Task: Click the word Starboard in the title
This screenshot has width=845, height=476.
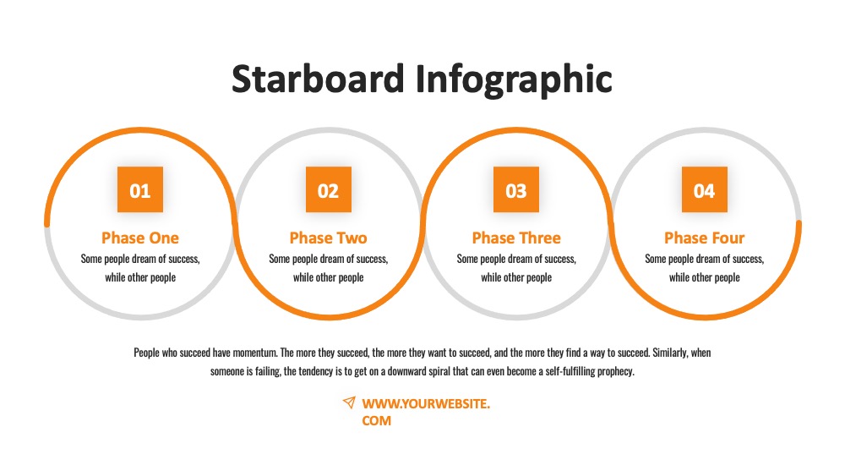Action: coord(318,79)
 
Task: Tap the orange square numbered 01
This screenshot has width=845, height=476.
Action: coord(140,189)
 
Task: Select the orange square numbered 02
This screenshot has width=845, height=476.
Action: coord(328,189)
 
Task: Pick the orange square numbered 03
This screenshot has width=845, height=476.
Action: coord(516,189)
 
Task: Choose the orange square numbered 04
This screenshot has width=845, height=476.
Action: coord(705,189)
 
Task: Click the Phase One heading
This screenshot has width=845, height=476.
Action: coord(140,238)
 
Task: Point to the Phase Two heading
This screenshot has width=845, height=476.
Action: coord(328,238)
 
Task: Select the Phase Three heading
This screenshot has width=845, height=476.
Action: coord(516,238)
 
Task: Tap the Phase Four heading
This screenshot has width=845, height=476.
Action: coord(705,238)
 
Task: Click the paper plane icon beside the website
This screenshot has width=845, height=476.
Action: coord(349,402)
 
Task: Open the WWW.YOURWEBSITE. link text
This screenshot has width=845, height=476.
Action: coord(426,404)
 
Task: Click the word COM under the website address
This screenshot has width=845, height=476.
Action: coord(377,421)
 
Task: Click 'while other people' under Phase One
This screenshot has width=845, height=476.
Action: coord(140,277)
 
